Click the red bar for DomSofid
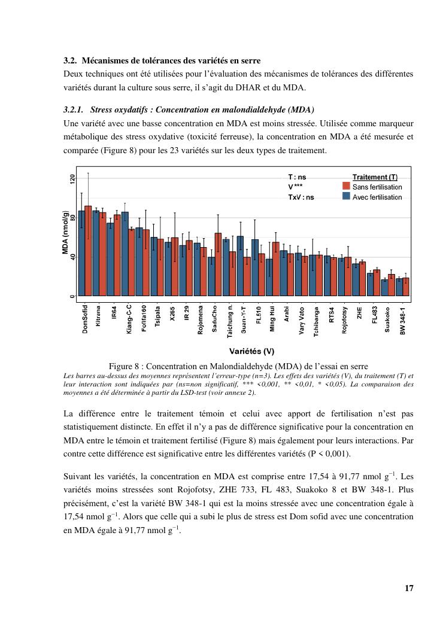[x=88, y=251]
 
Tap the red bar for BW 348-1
[x=406, y=287]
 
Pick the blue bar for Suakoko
[x=384, y=287]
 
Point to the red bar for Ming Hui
[x=276, y=269]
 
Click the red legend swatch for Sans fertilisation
[x=346, y=187]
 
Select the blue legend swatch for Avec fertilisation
[x=346, y=196]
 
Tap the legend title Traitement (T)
[x=374, y=177]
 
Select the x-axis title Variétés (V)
[x=251, y=351]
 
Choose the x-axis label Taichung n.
[x=229, y=322]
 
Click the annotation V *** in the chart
[x=295, y=187]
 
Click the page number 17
[x=409, y=588]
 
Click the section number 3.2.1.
[x=74, y=110]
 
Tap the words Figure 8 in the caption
[x=125, y=366]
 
